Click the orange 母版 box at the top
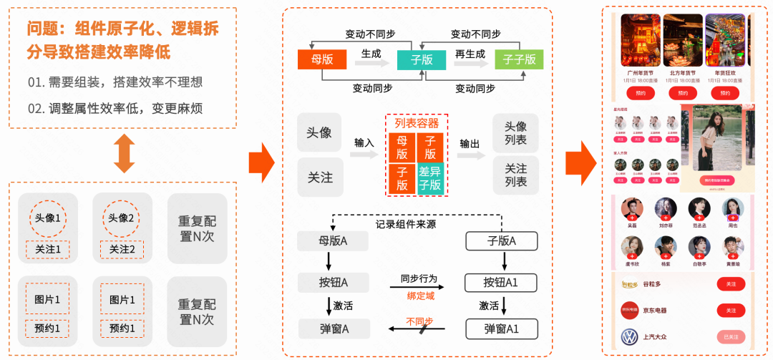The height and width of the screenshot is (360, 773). click(322, 59)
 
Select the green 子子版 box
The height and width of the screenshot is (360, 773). click(519, 59)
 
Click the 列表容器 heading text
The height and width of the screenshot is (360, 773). click(417, 123)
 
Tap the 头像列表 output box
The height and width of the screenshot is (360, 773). click(515, 133)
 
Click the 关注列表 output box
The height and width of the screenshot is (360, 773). click(515, 175)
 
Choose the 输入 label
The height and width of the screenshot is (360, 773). click(364, 142)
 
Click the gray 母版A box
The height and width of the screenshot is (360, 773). click(333, 241)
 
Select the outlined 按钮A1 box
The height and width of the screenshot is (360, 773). click(501, 282)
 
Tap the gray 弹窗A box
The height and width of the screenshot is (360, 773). click(334, 329)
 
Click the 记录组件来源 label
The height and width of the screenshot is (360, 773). click(406, 224)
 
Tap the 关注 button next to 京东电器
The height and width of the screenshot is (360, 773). click(731, 311)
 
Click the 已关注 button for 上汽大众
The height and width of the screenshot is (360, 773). click(731, 337)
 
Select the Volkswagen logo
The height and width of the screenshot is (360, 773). click(629, 337)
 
